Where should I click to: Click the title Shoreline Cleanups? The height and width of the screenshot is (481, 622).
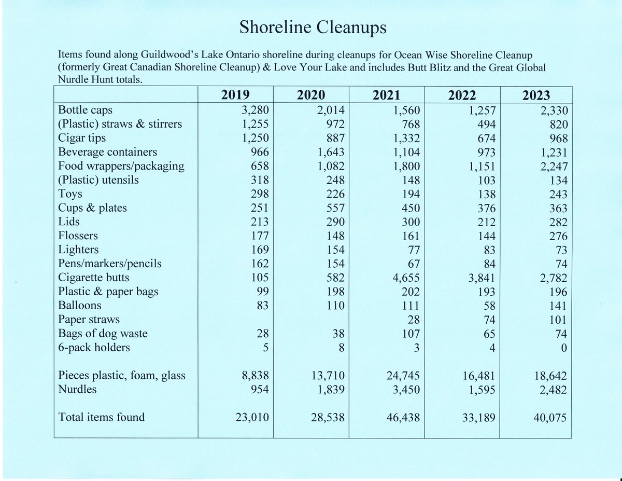pos(312,28)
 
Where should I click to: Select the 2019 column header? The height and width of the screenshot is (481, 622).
pos(236,95)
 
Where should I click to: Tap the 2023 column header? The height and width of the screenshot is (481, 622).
pos(536,95)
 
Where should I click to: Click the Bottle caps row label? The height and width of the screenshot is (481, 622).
pos(86,110)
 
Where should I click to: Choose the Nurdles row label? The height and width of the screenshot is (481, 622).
pos(77,389)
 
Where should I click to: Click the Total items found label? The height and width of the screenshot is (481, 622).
pos(102,417)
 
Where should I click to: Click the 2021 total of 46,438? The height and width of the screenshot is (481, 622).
pos(400,417)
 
